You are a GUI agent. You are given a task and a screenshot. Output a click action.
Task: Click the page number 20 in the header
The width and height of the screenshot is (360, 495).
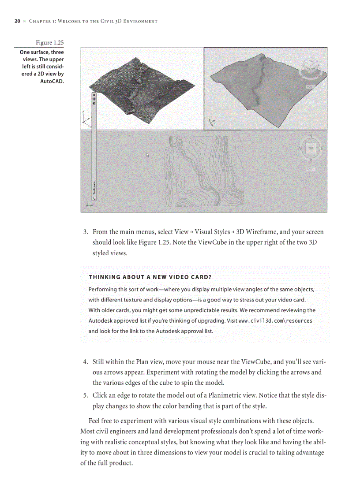(x=17, y=21)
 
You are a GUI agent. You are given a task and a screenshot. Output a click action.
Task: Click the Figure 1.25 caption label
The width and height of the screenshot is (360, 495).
(x=49, y=43)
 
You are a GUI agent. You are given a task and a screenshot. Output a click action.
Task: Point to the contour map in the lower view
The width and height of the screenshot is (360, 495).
(x=203, y=170)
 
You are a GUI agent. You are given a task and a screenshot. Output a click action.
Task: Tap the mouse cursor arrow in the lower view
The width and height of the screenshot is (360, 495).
(x=148, y=155)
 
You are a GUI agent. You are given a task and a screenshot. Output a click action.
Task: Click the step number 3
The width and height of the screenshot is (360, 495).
(x=86, y=232)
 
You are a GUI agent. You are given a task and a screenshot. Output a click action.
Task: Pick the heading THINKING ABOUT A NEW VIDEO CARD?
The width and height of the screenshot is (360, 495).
(x=150, y=277)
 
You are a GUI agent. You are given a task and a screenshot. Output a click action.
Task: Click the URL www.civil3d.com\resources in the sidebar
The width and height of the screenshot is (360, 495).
(x=275, y=321)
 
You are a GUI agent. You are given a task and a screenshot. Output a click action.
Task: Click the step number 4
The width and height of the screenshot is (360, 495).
(x=86, y=362)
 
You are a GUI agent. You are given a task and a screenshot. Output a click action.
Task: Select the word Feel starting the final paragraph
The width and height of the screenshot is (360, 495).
(x=96, y=421)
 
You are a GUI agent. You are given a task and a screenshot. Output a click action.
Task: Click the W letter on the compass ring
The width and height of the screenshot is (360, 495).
(x=301, y=149)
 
